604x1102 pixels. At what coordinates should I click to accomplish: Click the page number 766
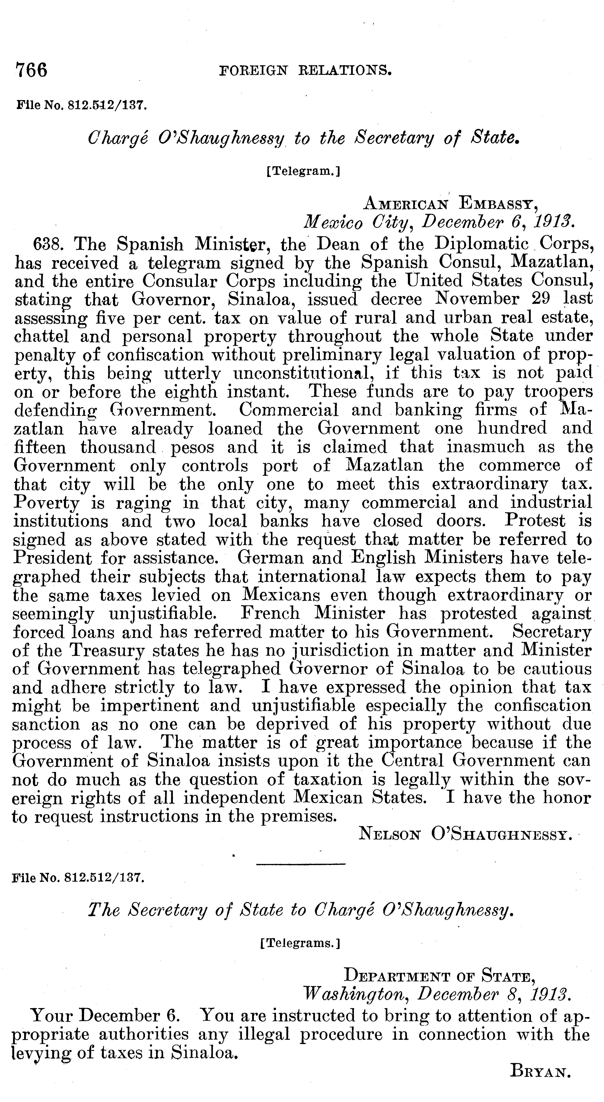pos(31,70)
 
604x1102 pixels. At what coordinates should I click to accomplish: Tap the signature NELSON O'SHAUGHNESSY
pos(465,833)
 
